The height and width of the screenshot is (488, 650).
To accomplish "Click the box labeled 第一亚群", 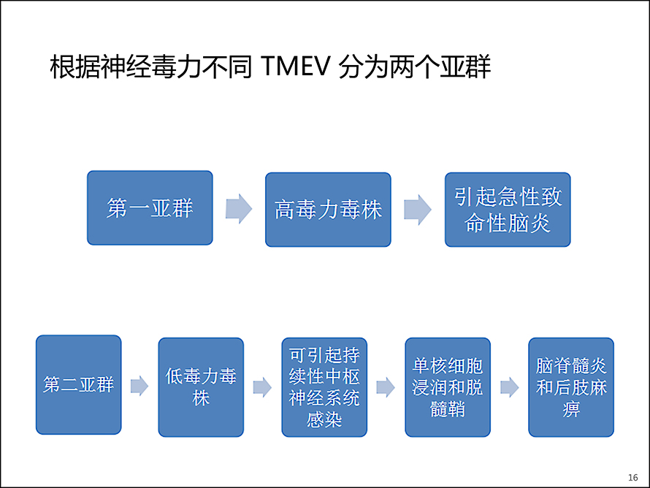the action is pos(150,207).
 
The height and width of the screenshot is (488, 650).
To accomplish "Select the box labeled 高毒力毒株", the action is pos(328,210).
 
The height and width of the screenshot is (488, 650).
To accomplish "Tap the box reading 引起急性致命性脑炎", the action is pos(508,210).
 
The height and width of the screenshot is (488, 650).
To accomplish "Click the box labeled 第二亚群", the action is pos(79,385).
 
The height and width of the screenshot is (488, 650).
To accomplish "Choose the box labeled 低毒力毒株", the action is pos(201,387).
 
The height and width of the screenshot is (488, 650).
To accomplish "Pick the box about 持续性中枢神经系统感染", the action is pos(324,387).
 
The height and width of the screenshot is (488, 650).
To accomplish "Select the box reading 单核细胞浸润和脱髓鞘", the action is pos(448,387).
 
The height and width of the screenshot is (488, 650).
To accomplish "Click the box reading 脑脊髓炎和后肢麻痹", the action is pos(571,387).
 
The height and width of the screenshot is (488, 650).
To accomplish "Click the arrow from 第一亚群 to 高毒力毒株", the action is pos(239,208).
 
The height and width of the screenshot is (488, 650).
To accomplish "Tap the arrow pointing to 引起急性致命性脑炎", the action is pos(418,210).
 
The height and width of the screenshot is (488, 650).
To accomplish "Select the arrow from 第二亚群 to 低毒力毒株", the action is pos(139,386).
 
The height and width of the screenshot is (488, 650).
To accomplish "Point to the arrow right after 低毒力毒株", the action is pos(262,387).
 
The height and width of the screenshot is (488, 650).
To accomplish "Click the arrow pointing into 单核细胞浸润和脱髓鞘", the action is pos(386,387).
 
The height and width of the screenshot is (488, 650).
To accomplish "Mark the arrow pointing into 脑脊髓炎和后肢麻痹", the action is pos(510,387).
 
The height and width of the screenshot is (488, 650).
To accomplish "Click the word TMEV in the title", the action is pos(296,66).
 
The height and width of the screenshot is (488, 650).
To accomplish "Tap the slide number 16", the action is pos(633,478).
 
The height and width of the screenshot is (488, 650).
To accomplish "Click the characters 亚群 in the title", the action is pos(465,66).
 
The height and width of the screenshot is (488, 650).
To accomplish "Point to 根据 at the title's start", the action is pos(75,66).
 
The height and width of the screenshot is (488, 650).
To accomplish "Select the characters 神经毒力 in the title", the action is pos(151,66).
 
